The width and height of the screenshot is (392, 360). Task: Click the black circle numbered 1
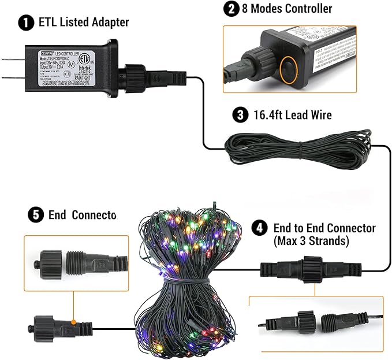tap(25, 23)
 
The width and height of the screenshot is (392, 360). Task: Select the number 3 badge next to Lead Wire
tap(240, 114)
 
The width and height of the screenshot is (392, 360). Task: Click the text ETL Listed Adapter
tap(83, 23)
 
